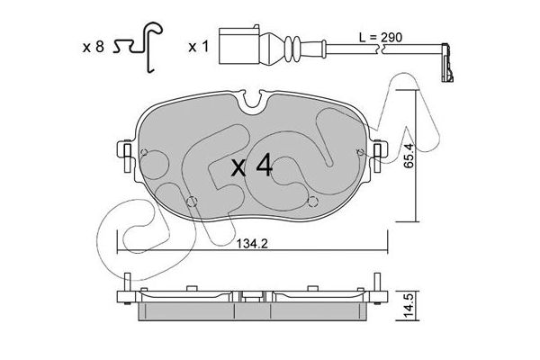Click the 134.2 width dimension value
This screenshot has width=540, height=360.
(252, 244)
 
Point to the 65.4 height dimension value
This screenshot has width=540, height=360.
(409, 156)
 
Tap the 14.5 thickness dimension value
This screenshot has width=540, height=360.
(409, 306)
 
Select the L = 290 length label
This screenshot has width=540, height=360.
(381, 37)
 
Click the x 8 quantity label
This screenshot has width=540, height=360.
(93, 47)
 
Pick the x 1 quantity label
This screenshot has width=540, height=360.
(199, 47)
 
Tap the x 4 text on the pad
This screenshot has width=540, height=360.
(252, 166)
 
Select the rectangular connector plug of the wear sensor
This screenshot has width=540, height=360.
(239, 46)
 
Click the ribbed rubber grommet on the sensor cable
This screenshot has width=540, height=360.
(292, 49)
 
